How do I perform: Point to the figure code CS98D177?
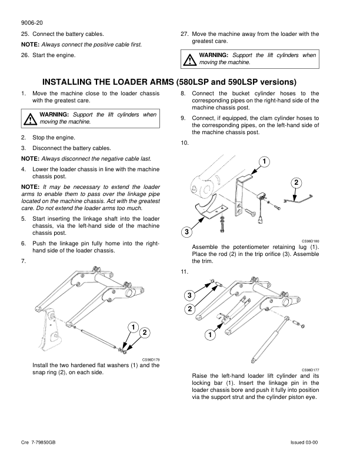coord(311,369)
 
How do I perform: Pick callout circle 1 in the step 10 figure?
coord(265,161)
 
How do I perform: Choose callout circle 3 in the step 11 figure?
coord(190,294)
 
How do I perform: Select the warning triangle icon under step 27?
coord(190,59)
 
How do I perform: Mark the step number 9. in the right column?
coord(184,118)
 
